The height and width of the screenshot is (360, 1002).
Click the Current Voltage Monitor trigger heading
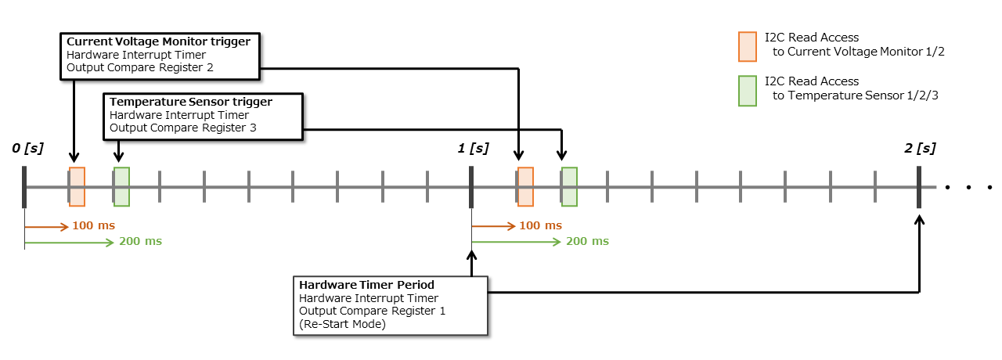159,41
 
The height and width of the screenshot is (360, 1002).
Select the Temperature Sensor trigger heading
191,102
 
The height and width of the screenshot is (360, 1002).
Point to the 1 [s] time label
474,148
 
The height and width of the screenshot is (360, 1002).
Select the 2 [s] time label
920,148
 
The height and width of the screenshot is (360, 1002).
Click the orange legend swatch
748,45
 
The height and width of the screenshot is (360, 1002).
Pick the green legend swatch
748,90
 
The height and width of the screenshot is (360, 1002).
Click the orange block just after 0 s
77,187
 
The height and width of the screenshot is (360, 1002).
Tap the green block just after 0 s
121,187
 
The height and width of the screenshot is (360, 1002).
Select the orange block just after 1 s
525,187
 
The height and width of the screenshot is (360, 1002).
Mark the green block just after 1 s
569,187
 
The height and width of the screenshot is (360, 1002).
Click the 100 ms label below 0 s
93,226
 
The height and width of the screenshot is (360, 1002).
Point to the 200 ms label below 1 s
587,241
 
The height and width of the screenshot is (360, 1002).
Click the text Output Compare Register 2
139,68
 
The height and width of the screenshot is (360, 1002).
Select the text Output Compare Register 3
183,128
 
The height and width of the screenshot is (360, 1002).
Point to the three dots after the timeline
968,188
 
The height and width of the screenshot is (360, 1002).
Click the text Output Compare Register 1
373,311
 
